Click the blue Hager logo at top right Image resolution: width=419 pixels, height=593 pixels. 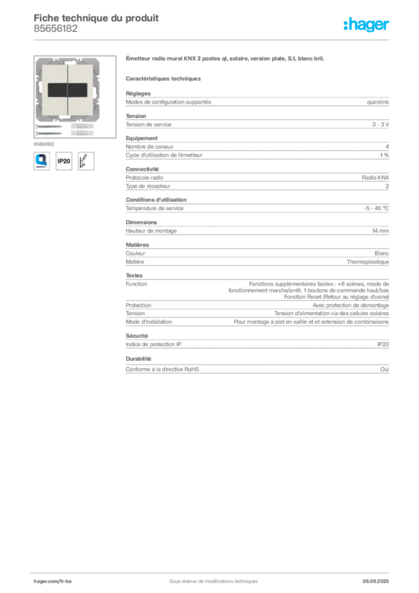pyautogui.click(x=367, y=25)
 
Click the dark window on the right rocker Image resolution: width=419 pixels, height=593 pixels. pyautogui.click(x=80, y=90)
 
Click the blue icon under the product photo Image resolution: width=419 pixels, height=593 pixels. pyautogui.click(x=41, y=160)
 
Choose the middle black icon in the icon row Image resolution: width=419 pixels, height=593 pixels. pyautogui.click(x=64, y=160)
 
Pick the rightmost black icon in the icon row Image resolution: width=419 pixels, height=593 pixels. pyautogui.click(x=87, y=160)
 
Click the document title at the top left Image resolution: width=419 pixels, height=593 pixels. pyautogui.click(x=95, y=17)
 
